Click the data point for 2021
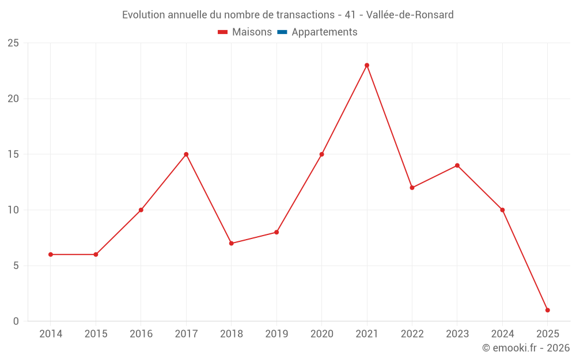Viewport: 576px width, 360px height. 367,65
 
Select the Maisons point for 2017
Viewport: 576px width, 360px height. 186,154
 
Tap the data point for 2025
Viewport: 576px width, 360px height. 547,310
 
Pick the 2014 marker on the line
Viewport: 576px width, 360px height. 51,255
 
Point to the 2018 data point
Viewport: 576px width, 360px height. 231,243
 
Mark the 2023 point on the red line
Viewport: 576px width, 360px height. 457,165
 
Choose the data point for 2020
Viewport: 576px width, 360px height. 321,154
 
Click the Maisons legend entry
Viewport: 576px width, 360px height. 245,32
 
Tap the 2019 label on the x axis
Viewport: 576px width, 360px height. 276,334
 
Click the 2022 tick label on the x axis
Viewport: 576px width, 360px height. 412,334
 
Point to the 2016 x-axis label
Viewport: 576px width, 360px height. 141,334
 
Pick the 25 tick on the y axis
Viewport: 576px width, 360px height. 13,43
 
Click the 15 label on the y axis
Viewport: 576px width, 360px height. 13,154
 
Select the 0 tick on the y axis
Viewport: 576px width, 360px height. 16,321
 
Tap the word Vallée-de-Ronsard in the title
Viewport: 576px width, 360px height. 410,14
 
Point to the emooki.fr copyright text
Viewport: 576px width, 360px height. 526,348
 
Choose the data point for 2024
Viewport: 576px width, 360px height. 502,210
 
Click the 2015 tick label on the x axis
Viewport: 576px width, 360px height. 96,334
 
